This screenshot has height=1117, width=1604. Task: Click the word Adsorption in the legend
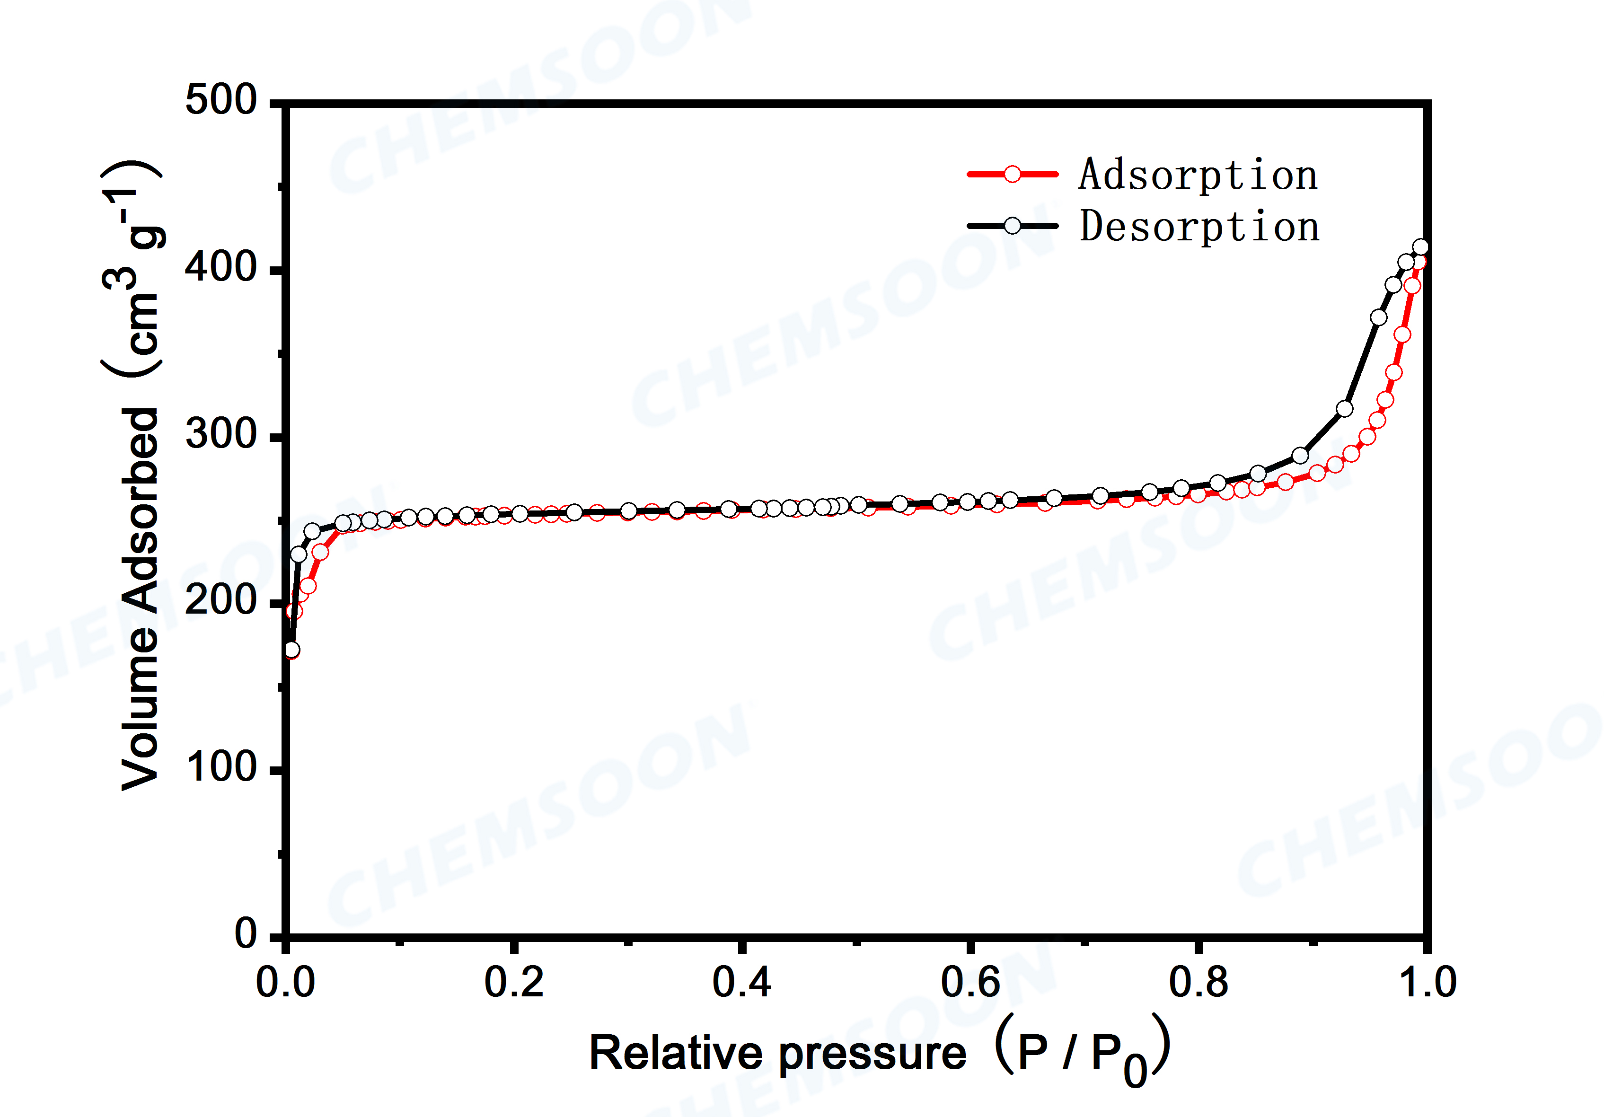point(1198,175)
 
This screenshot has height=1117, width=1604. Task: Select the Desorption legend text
point(1199,226)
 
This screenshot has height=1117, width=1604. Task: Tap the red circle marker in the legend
point(1012,174)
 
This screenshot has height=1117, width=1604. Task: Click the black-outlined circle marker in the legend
point(1012,226)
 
